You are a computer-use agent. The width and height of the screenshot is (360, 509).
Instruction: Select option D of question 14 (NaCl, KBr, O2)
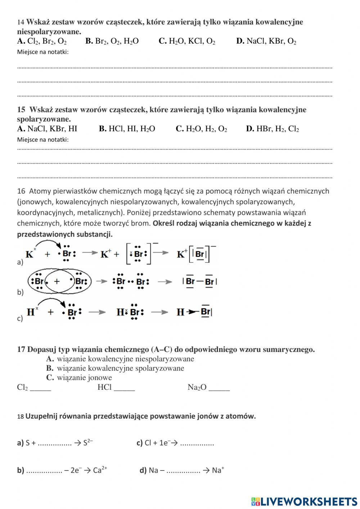click(266, 41)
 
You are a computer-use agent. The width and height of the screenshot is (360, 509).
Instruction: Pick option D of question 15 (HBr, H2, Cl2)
click(272, 129)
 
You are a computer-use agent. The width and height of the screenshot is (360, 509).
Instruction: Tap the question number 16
click(21, 191)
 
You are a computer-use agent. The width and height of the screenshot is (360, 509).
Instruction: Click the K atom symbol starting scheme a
click(30, 254)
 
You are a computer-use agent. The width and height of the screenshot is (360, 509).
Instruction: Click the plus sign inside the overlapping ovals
click(57, 281)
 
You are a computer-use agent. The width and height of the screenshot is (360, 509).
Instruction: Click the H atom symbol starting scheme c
click(31, 312)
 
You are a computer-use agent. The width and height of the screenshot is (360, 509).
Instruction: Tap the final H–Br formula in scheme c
click(194, 312)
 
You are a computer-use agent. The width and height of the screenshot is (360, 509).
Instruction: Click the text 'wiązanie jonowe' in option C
click(84, 378)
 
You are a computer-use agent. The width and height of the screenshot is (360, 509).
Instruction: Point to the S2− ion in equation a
click(88, 443)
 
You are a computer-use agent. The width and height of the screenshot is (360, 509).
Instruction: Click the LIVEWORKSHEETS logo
click(304, 501)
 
